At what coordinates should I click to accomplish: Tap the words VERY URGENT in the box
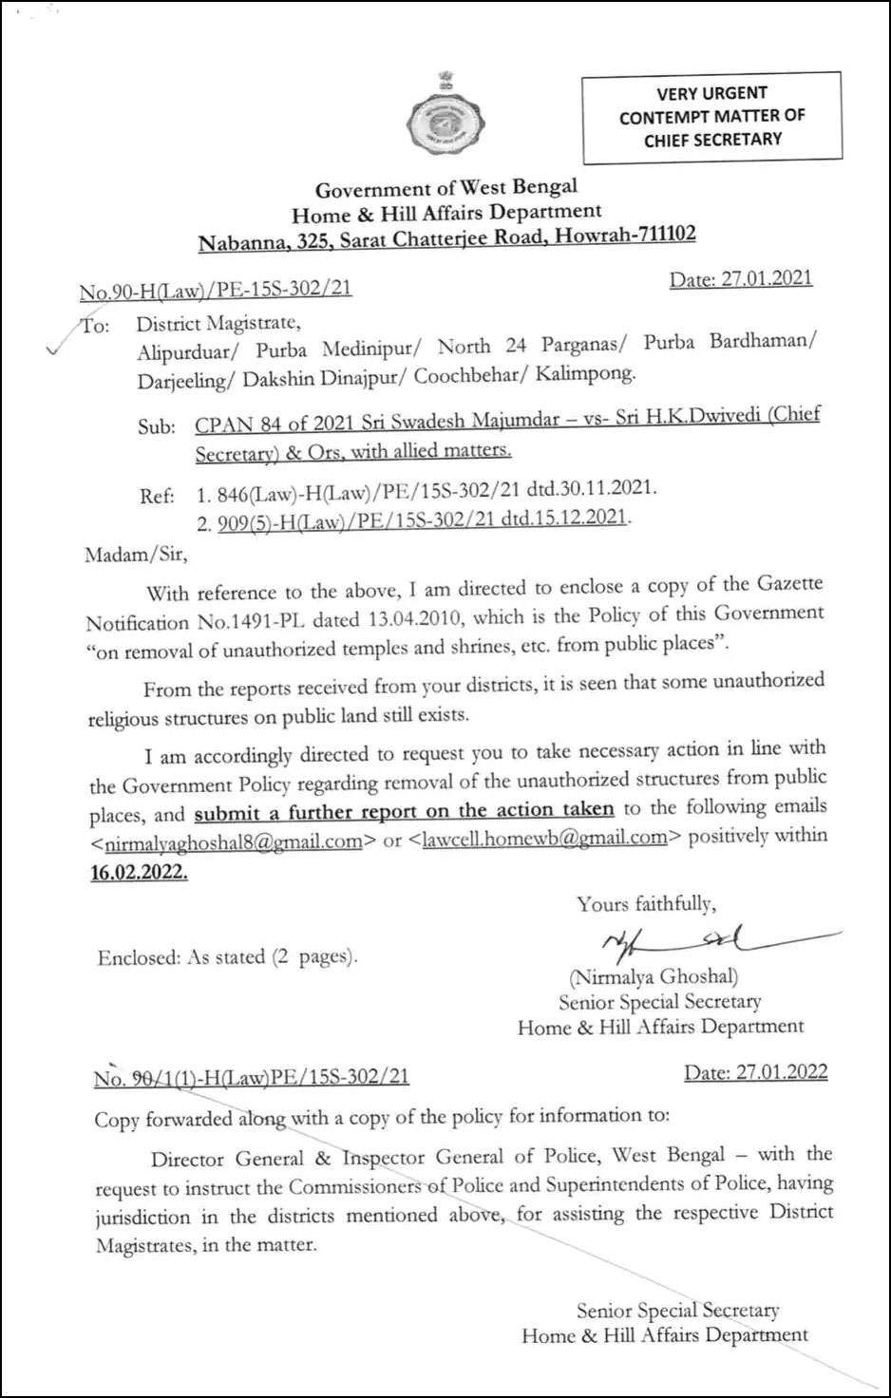(711, 93)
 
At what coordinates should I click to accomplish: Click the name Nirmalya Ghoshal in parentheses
(653, 975)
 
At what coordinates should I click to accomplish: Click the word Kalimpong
(584, 373)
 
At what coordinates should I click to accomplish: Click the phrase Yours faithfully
(646, 904)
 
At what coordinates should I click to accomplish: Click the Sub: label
(157, 426)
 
